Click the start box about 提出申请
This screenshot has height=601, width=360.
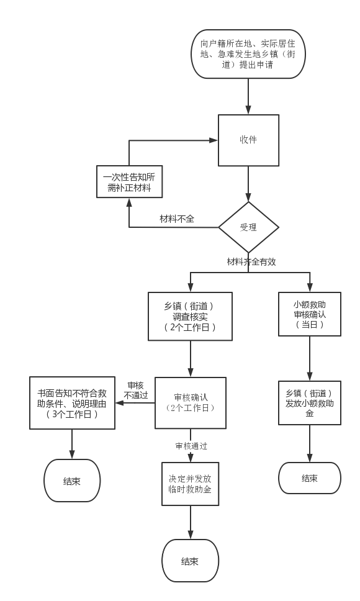[248, 54]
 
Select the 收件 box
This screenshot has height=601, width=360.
[248, 140]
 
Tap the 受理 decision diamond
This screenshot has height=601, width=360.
[248, 227]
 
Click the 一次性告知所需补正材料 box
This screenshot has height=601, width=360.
[130, 182]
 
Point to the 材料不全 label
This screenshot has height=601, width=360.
[177, 219]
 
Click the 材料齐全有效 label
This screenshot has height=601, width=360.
[251, 262]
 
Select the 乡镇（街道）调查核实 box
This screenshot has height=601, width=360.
[191, 317]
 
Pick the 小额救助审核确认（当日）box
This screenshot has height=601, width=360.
[310, 314]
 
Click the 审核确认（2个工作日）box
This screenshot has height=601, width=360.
[191, 403]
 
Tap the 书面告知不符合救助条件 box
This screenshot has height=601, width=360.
[73, 403]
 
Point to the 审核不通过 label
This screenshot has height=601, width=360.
[135, 390]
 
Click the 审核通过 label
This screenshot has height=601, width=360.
[191, 446]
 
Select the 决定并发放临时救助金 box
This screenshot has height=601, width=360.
[191, 484]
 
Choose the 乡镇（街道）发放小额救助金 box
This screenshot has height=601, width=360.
[310, 403]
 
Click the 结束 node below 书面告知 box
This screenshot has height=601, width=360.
[72, 481]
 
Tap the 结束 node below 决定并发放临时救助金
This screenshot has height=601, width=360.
[191, 561]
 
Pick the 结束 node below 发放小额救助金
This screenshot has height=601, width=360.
[310, 478]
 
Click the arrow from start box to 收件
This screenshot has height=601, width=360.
[248, 97]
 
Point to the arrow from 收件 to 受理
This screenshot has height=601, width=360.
[248, 184]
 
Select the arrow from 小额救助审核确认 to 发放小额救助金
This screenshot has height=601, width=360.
[310, 358]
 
